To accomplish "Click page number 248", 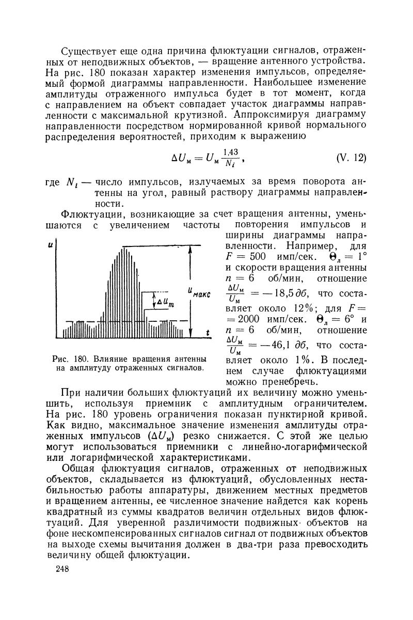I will [62, 569].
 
